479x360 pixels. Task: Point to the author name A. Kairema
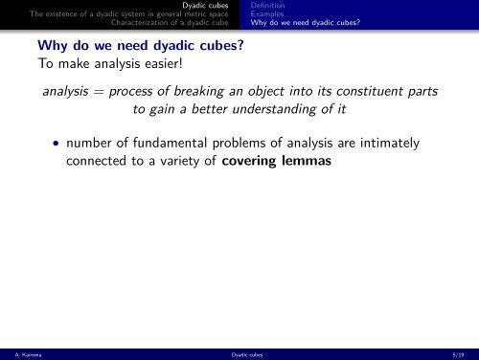point(19,353)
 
